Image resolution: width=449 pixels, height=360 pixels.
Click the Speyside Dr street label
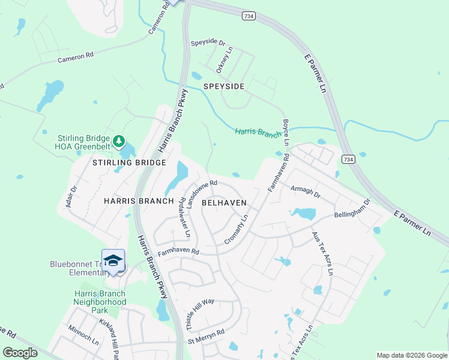[x=208, y=43]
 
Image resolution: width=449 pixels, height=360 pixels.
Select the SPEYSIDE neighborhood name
[x=224, y=86]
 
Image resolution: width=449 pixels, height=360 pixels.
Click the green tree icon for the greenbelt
[x=120, y=141]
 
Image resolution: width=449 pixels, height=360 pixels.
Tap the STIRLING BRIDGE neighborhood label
[x=129, y=163]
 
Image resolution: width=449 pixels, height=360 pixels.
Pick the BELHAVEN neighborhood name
[x=224, y=203]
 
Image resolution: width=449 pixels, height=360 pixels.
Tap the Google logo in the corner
[x=20, y=353]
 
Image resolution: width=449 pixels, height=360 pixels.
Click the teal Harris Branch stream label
[x=258, y=132]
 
